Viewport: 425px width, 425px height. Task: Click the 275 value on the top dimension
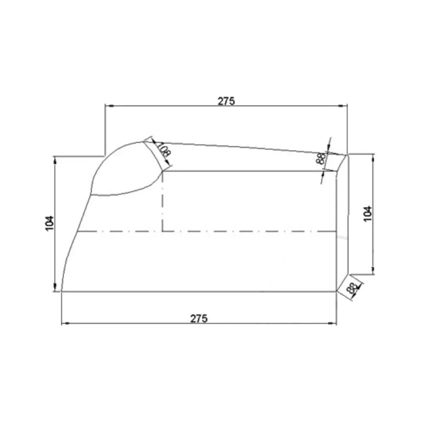[x=226, y=101]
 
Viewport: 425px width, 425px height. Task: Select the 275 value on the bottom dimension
[x=199, y=318]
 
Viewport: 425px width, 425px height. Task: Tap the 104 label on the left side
[x=50, y=223]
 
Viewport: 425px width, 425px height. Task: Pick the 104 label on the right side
[x=368, y=213]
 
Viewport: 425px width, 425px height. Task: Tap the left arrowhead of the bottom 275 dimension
[x=65, y=324]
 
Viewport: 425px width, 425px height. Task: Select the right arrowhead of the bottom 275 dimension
[x=334, y=324]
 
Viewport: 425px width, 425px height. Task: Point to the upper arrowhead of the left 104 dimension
[x=55, y=159]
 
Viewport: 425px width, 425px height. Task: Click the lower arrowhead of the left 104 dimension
[x=55, y=289]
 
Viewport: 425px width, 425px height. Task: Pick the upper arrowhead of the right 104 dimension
[x=373, y=157]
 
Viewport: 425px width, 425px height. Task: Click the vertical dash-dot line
[x=162, y=204]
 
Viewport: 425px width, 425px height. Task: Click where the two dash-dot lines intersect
[x=162, y=232]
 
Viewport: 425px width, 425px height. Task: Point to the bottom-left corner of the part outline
[x=62, y=292]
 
